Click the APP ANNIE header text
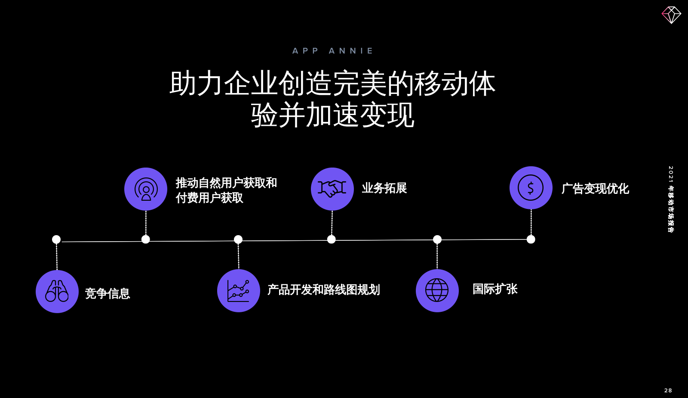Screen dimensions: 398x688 point(332,51)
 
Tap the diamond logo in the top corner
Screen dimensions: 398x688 point(671,15)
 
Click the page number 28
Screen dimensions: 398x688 point(668,390)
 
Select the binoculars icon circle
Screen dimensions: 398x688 point(57,292)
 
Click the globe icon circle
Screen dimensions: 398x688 point(437,290)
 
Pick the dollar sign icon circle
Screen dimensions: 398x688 point(531,188)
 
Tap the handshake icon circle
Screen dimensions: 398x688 point(332,189)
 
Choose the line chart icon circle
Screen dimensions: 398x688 point(238,291)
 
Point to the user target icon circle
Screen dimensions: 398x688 point(146,189)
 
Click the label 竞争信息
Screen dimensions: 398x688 point(107,293)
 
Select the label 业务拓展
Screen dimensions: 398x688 point(384,188)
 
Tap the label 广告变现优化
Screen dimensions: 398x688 point(595,189)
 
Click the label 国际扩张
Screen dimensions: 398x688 point(495,289)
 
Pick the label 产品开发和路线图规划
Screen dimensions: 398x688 point(323,290)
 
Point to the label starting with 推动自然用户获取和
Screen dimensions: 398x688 point(226,190)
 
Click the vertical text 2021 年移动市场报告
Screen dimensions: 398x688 point(670,199)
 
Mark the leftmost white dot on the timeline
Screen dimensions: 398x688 point(56,239)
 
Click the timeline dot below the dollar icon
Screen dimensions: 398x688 point(531,239)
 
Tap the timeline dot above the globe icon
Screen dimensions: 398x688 point(437,239)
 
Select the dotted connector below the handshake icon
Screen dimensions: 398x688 point(332,223)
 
